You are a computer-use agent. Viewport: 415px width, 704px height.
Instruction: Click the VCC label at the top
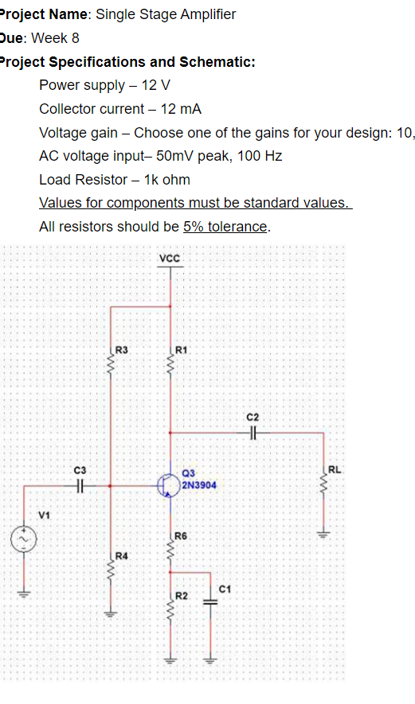[170, 259]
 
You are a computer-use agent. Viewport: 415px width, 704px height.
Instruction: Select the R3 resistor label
[122, 349]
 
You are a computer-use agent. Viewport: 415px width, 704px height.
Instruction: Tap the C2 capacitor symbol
[253, 433]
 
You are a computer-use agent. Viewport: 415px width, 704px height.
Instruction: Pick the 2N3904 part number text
[198, 484]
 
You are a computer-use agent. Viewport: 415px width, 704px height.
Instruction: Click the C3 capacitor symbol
[80, 483]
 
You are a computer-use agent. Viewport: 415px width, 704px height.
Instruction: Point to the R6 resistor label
[180, 537]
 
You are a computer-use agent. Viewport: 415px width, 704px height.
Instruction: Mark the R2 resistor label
[181, 595]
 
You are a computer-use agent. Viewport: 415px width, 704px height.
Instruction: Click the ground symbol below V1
[22, 593]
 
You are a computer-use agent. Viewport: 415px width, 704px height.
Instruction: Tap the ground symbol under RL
[323, 535]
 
